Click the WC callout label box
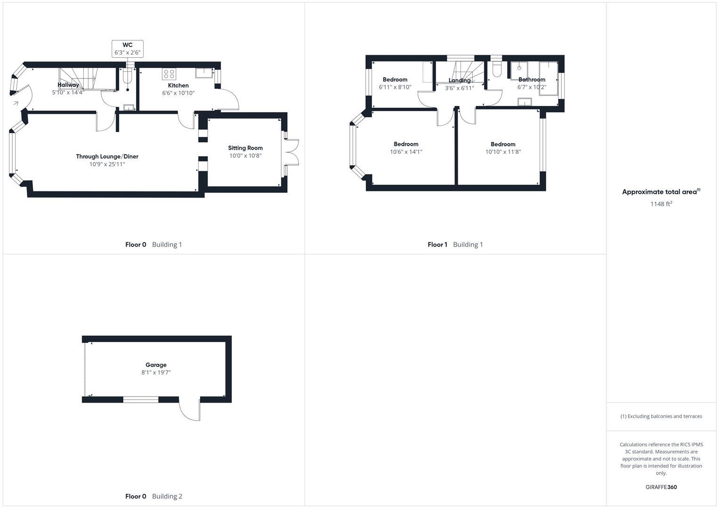pyautogui.click(x=127, y=49)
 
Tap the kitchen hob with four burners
pyautogui.click(x=169, y=74)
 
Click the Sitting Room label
pyautogui.click(x=245, y=148)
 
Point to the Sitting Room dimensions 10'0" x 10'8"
pyautogui.click(x=245, y=156)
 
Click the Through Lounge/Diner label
pyautogui.click(x=107, y=157)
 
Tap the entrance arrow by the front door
pyautogui.click(x=16, y=103)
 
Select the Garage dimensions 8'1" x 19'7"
pyautogui.click(x=156, y=373)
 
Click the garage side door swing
pyautogui.click(x=190, y=410)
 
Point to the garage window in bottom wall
pyautogui.click(x=141, y=400)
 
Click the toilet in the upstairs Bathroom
pyautogui.click(x=496, y=70)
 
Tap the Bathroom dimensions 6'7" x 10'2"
pyautogui.click(x=532, y=87)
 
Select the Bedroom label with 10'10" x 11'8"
pyautogui.click(x=503, y=144)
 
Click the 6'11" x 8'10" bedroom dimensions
pyautogui.click(x=395, y=87)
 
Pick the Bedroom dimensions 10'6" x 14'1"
pyautogui.click(x=406, y=152)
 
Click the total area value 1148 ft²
pyautogui.click(x=661, y=204)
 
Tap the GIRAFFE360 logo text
pyautogui.click(x=661, y=487)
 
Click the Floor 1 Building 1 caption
pyautogui.click(x=455, y=245)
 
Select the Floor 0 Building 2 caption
pyautogui.click(x=153, y=496)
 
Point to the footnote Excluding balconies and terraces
pyautogui.click(x=661, y=416)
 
